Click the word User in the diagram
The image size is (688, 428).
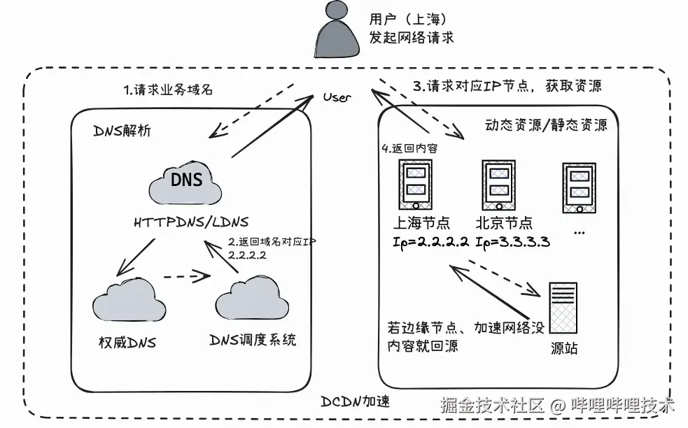(337, 97)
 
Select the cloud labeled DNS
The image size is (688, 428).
(185, 181)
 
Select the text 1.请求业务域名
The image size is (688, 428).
(168, 90)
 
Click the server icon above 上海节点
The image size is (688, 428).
(415, 185)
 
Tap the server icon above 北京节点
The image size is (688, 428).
(498, 185)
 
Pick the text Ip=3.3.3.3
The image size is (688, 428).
(511, 243)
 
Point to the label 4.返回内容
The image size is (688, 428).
(409, 149)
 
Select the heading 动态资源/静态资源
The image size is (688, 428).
(545, 126)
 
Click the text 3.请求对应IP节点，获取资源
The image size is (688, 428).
(507, 86)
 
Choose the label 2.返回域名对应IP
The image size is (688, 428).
(273, 242)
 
